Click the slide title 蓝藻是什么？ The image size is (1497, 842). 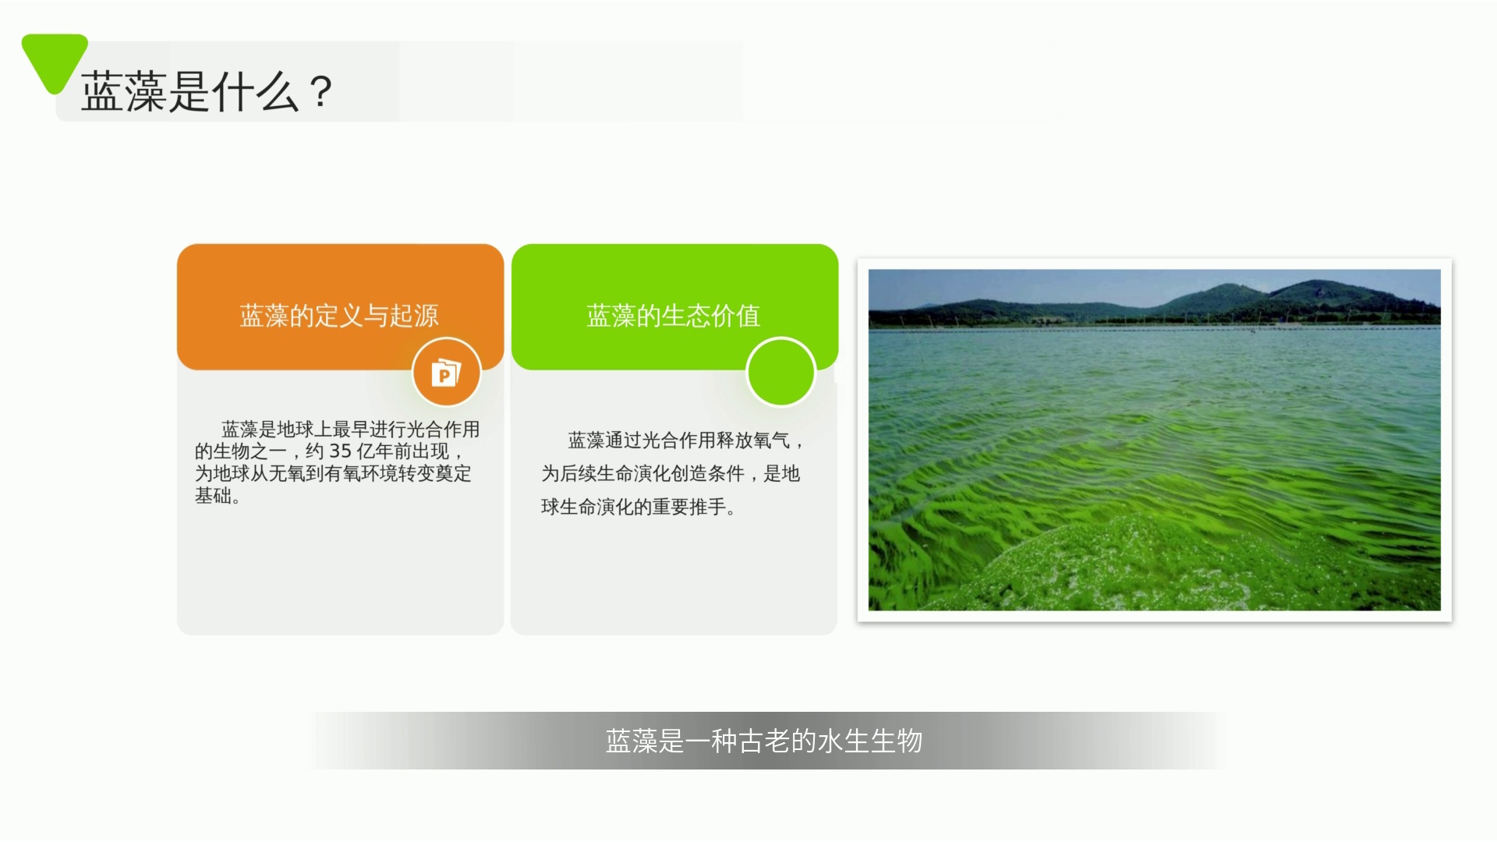point(207,92)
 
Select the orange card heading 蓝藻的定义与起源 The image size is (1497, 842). point(339,316)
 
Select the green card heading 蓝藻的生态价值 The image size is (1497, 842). point(674,316)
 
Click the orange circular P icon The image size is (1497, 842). point(446,373)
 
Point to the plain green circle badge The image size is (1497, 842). point(780,373)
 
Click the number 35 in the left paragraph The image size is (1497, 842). point(340,451)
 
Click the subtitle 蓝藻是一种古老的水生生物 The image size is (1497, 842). point(764,741)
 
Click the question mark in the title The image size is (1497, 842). point(320,92)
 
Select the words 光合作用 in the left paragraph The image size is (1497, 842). point(443,430)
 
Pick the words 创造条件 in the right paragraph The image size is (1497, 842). point(707,474)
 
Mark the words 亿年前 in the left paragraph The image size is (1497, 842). point(384,451)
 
